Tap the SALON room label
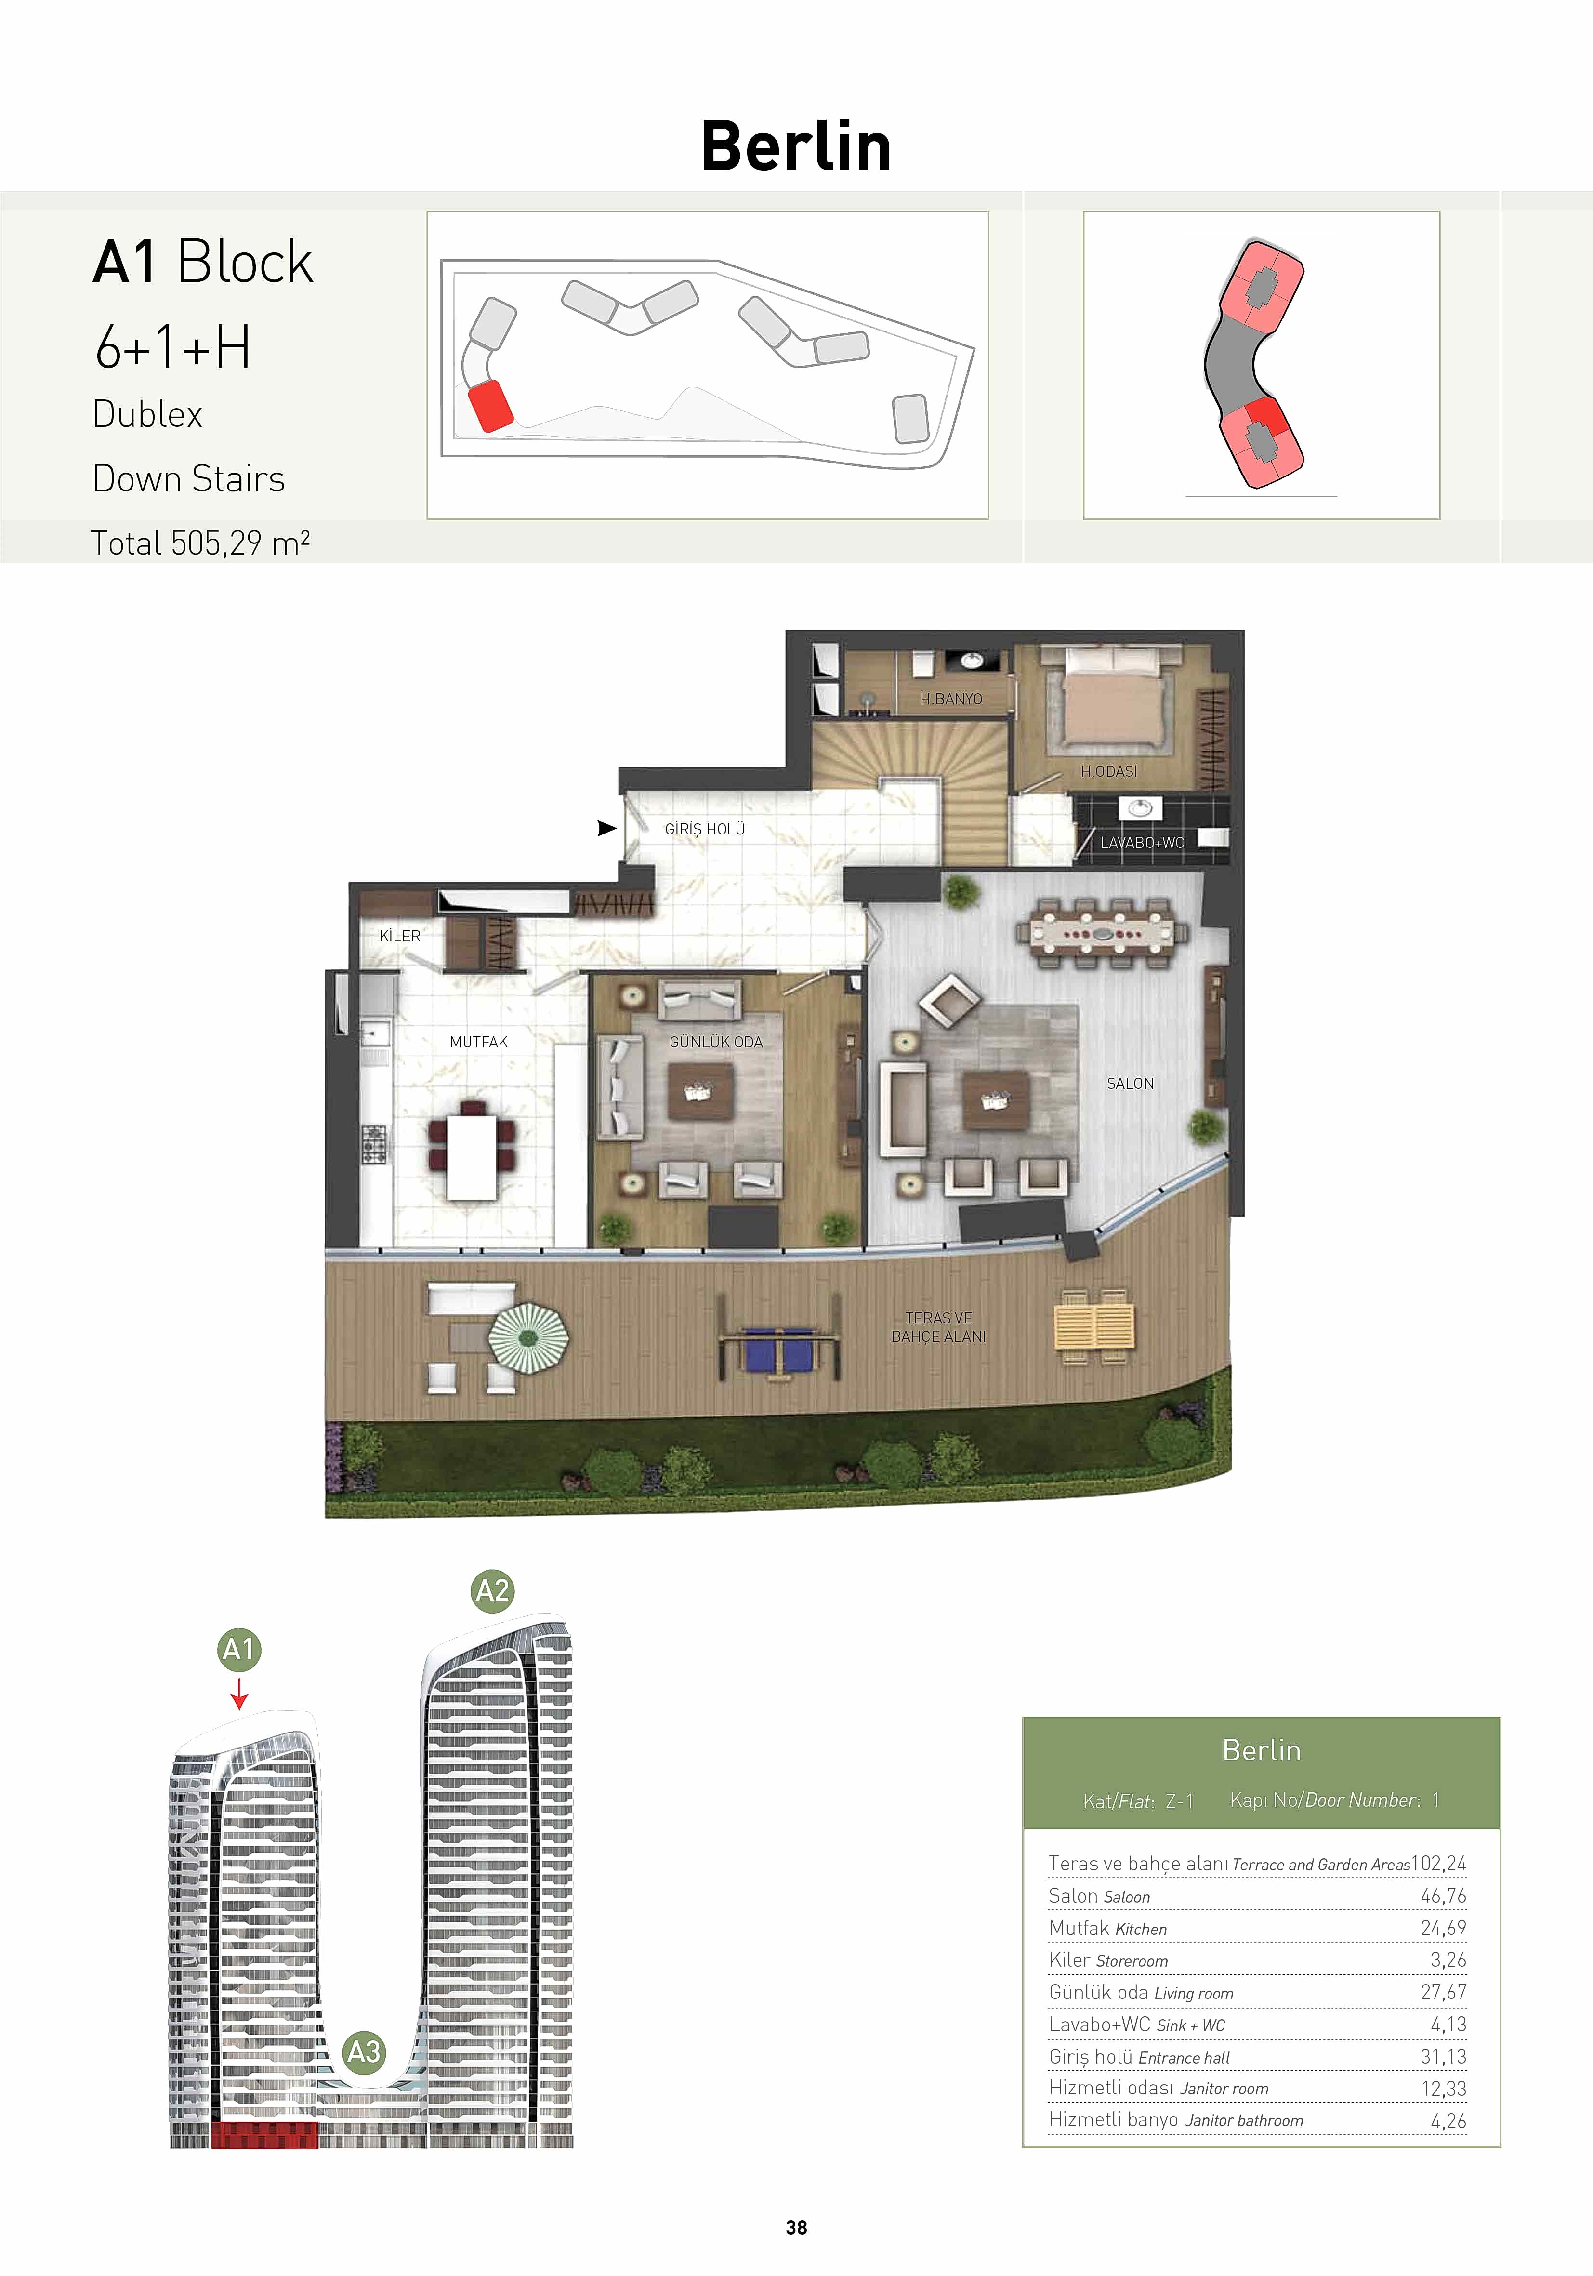click(1130, 1084)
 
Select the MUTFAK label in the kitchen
click(479, 1042)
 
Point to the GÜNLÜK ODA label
click(716, 1042)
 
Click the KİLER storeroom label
click(399, 936)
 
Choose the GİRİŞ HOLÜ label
click(705, 829)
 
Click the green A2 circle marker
click(493, 1591)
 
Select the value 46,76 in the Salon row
click(1443, 1895)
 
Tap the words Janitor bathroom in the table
click(1245, 2120)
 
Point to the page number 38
click(796, 2227)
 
